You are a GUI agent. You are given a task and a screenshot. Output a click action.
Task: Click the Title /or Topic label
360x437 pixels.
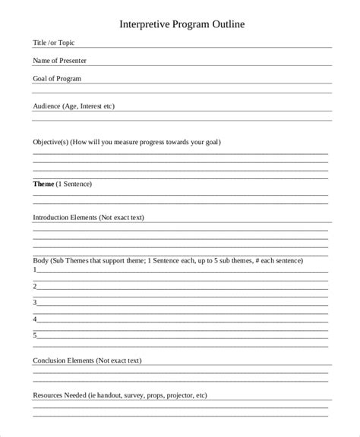pyautogui.click(x=54, y=43)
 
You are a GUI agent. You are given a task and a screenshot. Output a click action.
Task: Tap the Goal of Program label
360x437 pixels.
pyautogui.click(x=57, y=78)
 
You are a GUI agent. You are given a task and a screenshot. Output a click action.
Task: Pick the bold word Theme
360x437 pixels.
pyautogui.click(x=44, y=184)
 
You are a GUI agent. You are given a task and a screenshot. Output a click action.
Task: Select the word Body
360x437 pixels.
pyautogui.click(x=41, y=260)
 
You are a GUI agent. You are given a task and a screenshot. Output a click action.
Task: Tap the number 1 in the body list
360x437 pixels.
pyautogui.click(x=35, y=270)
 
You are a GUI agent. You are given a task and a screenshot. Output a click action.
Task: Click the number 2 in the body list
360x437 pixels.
pyautogui.click(x=35, y=286)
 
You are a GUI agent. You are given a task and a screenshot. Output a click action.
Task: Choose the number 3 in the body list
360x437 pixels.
pyautogui.click(x=35, y=302)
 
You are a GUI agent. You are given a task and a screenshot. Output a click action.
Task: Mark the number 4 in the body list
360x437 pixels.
pyautogui.click(x=35, y=319)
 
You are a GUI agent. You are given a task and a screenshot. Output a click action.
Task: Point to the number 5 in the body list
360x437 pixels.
pyautogui.click(x=35, y=335)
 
